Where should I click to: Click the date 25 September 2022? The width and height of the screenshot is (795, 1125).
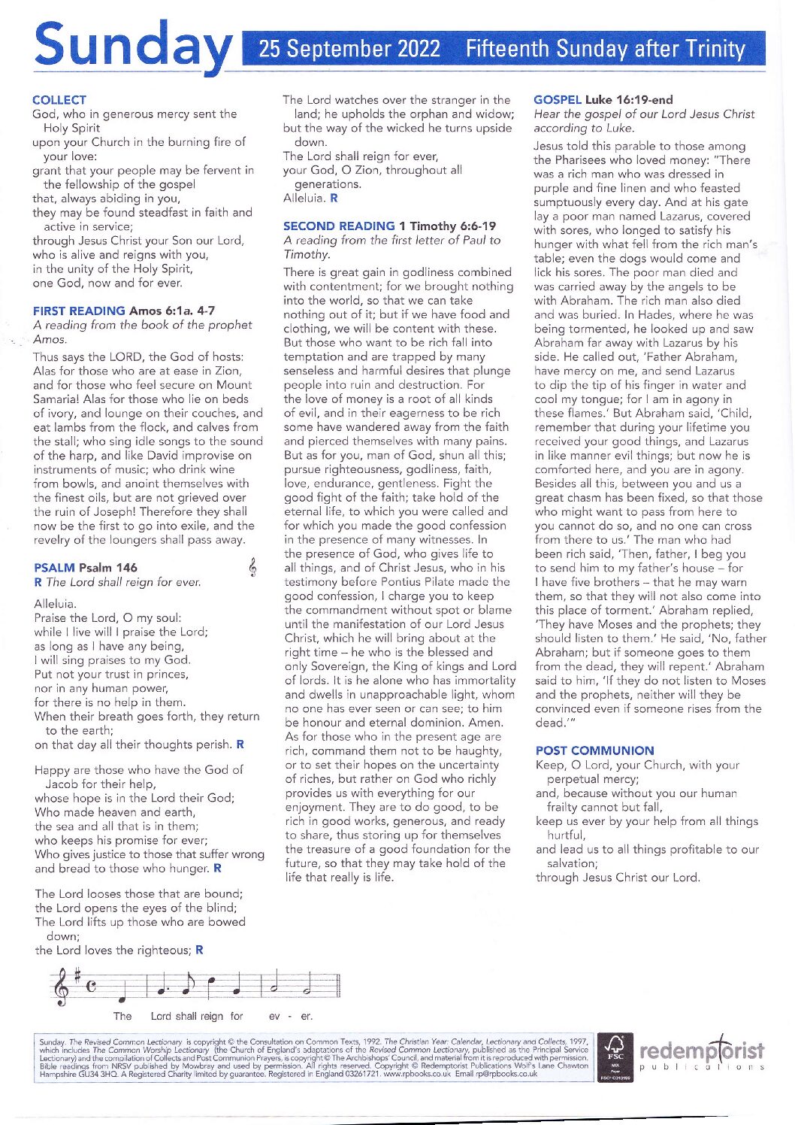pos(349,49)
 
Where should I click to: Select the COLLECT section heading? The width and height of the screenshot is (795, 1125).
pos(59,100)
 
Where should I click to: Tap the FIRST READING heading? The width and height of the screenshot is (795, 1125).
pos(79,311)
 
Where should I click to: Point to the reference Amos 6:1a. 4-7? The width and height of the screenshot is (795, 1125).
pos(172,311)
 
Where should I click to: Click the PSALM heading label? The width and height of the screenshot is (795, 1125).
pos(55,568)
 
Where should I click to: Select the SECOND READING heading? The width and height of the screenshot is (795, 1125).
pos(339,226)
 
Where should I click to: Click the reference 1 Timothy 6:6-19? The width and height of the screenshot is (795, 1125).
pos(448,226)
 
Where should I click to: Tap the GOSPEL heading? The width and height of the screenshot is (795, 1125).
pos(558,99)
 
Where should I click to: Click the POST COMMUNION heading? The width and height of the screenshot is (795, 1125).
pos(594,751)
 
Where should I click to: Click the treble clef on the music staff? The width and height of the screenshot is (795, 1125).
pos(62,986)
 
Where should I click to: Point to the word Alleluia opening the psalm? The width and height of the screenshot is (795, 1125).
pos(55,604)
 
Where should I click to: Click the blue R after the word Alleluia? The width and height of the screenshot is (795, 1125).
pos(334,199)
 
